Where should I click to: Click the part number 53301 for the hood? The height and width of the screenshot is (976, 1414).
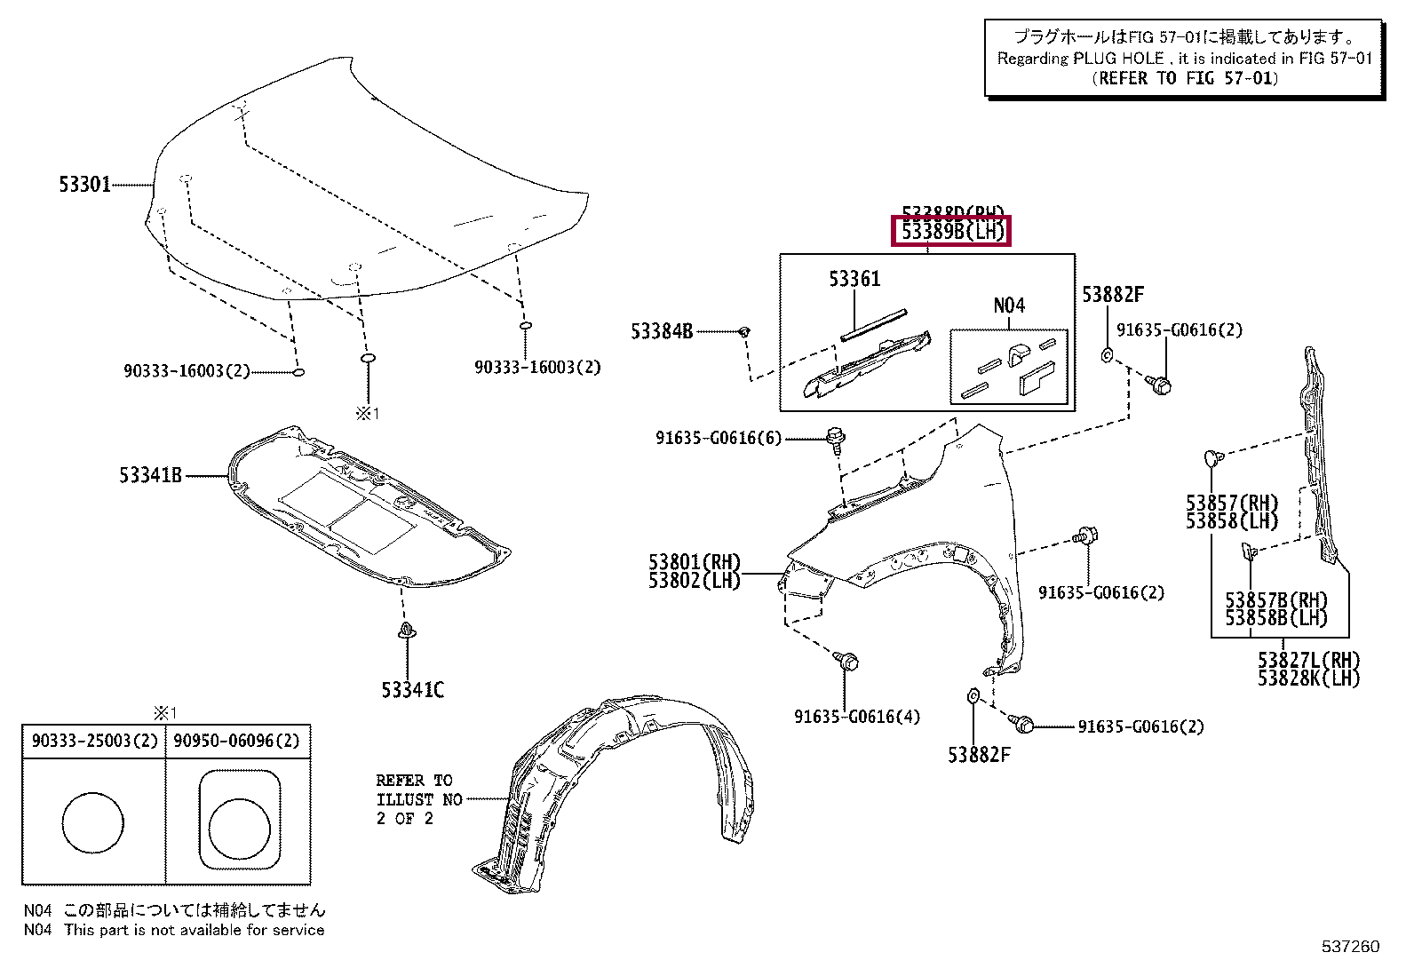85,185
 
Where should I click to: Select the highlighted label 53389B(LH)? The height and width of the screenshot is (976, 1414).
952,233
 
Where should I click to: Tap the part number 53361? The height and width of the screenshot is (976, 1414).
854,279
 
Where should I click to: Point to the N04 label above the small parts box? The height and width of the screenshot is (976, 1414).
1009,305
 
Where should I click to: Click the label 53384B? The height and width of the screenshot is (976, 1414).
662,331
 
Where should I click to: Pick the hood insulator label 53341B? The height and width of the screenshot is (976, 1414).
151,476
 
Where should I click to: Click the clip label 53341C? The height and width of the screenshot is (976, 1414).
412,689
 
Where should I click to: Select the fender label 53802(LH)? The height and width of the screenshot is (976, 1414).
694,582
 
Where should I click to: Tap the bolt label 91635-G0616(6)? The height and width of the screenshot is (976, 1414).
719,438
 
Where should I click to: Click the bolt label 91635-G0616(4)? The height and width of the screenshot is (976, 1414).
857,717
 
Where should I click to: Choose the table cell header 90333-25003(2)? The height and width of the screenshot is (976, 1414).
93,741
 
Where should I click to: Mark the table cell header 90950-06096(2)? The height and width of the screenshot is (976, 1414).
236,741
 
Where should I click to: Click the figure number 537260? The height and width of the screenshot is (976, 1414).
1350,947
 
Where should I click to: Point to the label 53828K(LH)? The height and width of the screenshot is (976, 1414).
1308,678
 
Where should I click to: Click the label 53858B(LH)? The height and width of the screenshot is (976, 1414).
1275,619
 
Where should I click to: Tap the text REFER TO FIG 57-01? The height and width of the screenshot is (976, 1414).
1185,78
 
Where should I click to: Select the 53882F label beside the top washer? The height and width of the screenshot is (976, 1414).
1113,295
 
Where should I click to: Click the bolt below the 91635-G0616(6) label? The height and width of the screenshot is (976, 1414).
835,437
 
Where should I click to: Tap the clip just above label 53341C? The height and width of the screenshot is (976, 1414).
407,632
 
